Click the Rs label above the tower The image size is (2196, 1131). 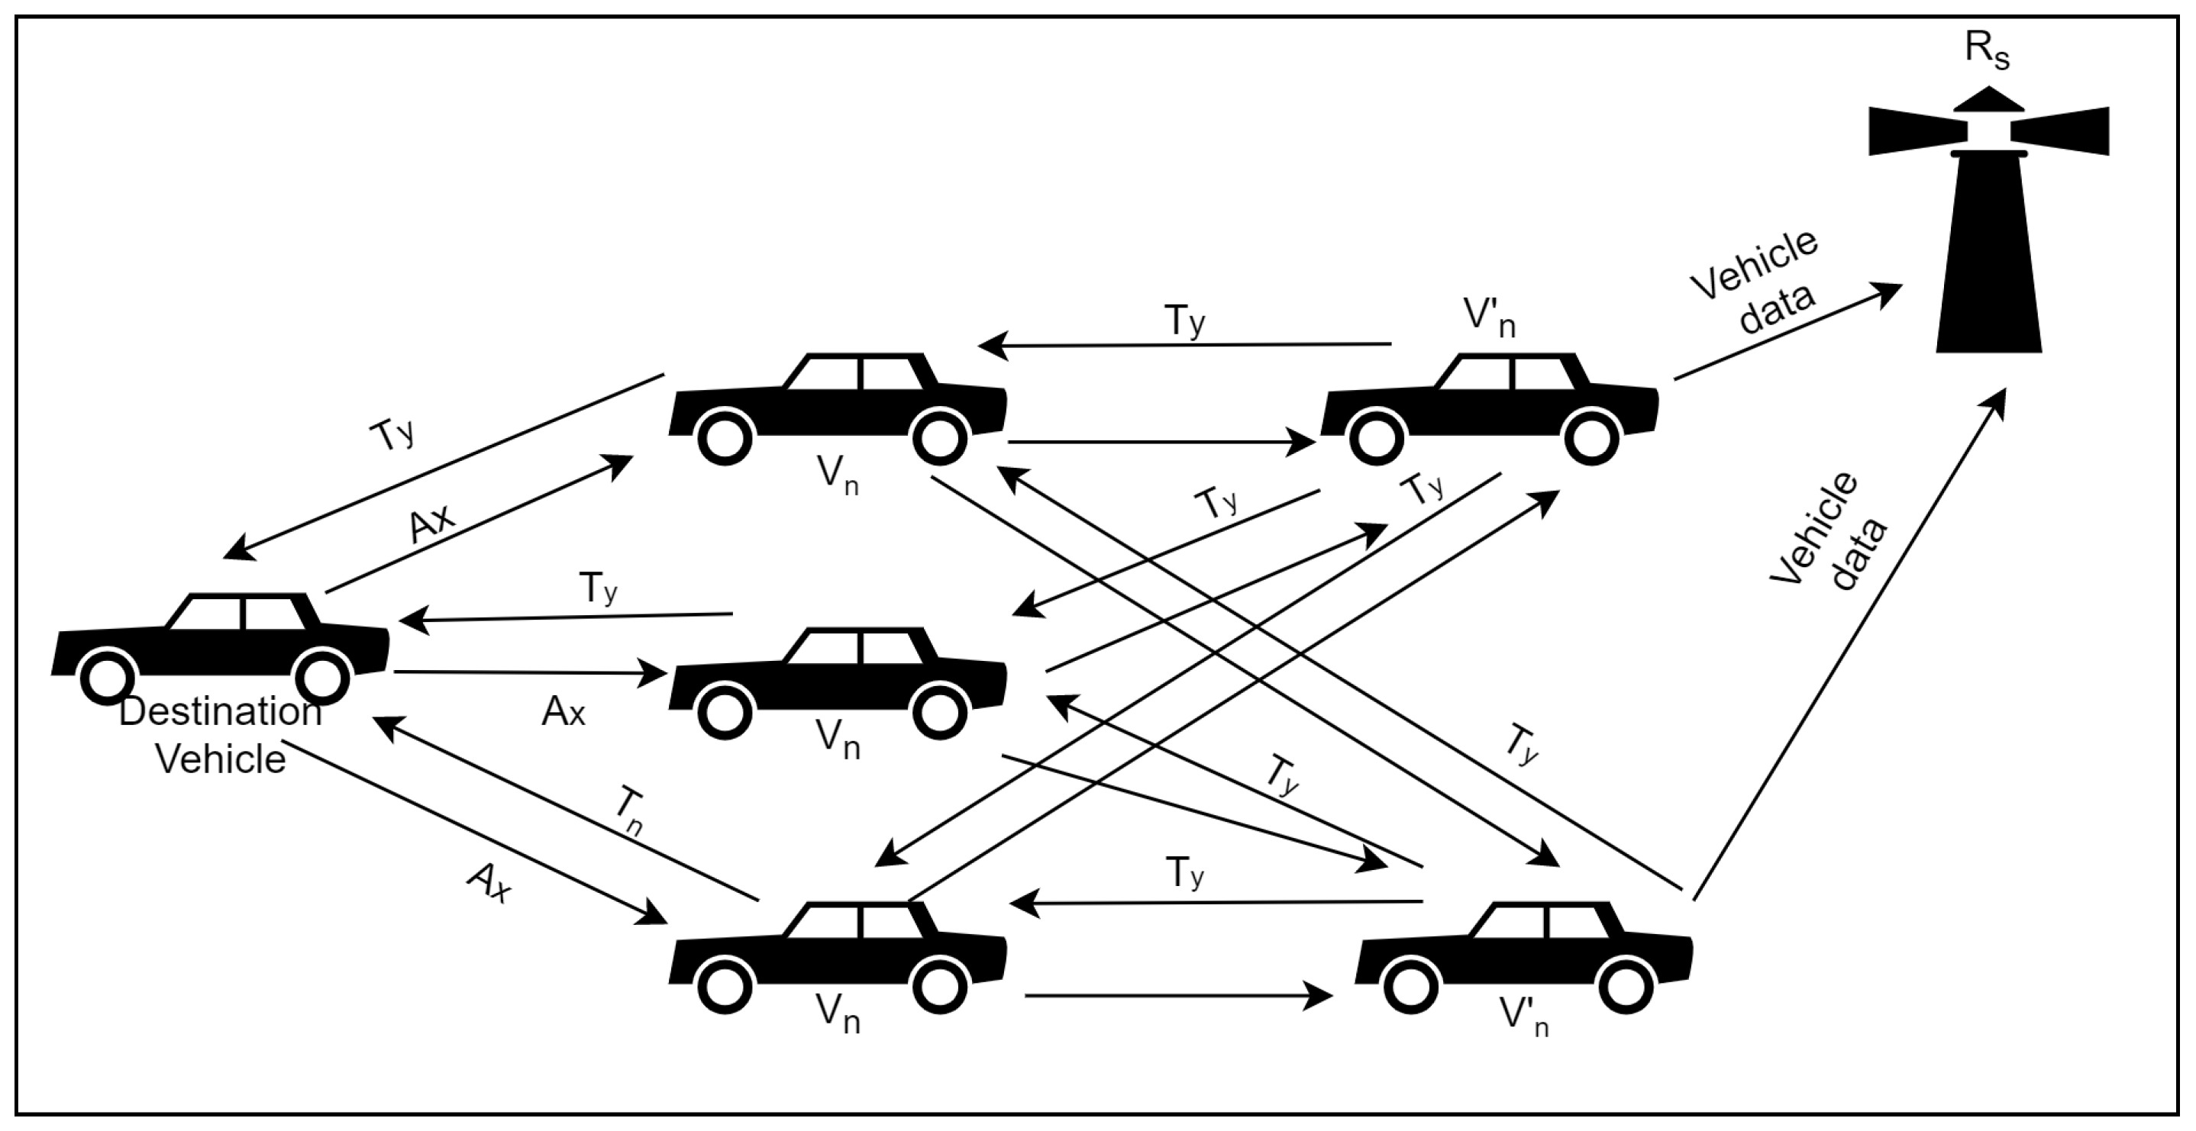point(1986,51)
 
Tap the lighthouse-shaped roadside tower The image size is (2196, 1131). point(1989,256)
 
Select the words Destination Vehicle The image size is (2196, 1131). point(220,736)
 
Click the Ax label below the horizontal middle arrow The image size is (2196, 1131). point(563,712)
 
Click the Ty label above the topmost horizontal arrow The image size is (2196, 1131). point(1185,321)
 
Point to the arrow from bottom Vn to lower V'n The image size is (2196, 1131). point(1177,994)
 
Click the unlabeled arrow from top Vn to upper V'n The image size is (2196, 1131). point(1159,443)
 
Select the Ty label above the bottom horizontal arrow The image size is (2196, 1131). point(1185,874)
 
